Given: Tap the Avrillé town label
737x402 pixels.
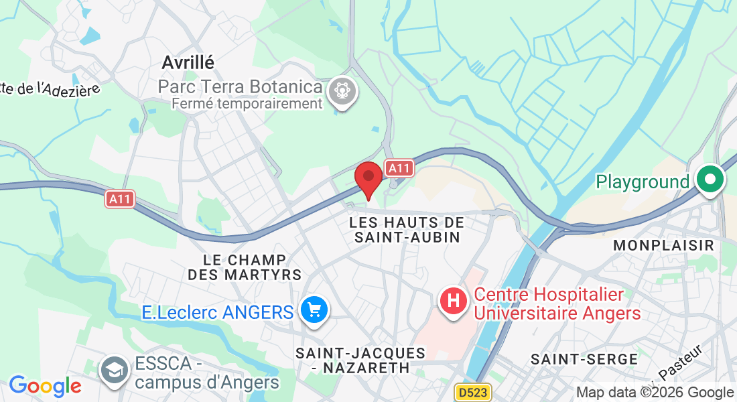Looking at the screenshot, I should click(x=188, y=62).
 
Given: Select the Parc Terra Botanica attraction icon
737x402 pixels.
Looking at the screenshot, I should click(x=342, y=90).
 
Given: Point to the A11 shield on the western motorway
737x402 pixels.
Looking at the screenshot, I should click(x=120, y=199).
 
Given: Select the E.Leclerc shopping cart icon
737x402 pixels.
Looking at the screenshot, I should click(x=313, y=311).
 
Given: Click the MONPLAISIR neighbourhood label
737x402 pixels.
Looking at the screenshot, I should click(x=664, y=245).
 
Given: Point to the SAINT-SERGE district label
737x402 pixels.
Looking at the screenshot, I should click(x=584, y=359).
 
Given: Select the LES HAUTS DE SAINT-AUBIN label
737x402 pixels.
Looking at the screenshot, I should click(x=407, y=229).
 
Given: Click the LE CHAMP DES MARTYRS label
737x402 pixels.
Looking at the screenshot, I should click(x=245, y=267).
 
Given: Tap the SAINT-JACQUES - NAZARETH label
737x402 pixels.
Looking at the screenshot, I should click(x=361, y=360).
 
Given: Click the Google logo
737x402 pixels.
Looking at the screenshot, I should click(x=45, y=387).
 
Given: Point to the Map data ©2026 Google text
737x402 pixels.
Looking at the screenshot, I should click(x=655, y=393).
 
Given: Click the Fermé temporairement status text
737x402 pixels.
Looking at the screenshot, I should click(x=247, y=104).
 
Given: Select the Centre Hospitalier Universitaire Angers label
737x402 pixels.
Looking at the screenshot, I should click(x=557, y=304).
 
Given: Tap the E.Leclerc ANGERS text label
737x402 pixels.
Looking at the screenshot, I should click(x=218, y=312).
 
